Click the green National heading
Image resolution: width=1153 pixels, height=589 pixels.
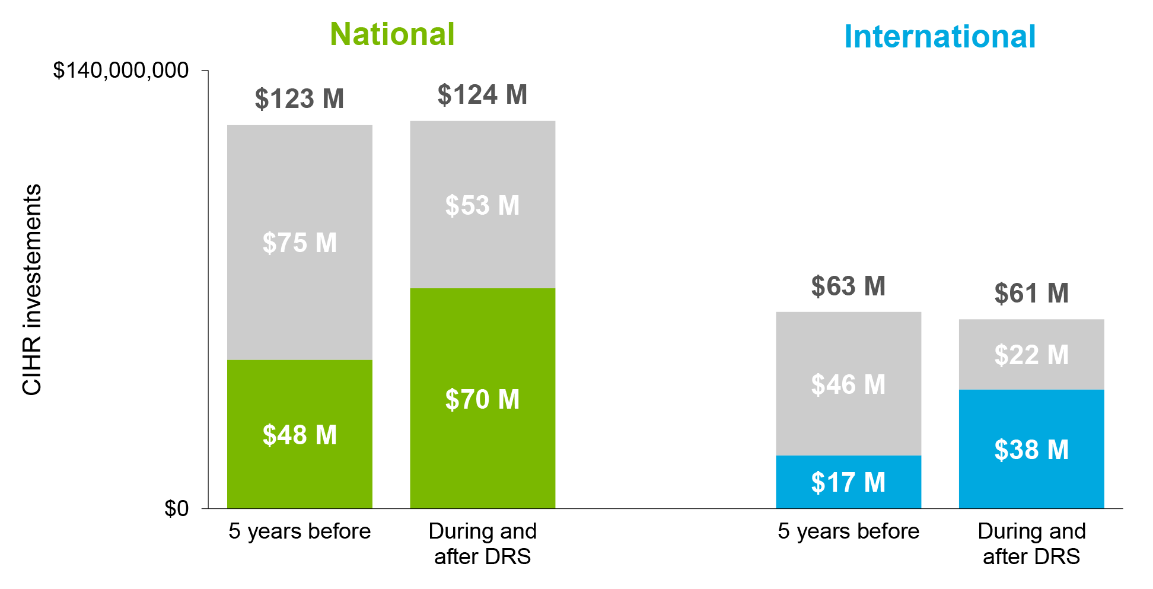[x=392, y=34]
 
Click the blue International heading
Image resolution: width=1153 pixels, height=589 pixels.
[x=939, y=37]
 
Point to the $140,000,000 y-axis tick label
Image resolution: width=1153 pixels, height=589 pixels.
[x=121, y=71]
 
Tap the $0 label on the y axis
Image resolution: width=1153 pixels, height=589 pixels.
[x=176, y=508]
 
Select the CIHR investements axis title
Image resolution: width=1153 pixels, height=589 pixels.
[x=32, y=289]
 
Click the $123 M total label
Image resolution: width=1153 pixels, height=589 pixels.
[x=300, y=98]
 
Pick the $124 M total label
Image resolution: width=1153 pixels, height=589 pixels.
[x=482, y=95]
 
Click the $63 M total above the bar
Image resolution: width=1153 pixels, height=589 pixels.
[x=848, y=286]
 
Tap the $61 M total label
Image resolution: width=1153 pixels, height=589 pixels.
[x=1031, y=294]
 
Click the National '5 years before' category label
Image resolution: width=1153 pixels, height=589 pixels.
[x=300, y=531]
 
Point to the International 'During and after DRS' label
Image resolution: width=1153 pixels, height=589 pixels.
[x=1031, y=544]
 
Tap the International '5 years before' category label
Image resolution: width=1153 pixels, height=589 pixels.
[x=848, y=531]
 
